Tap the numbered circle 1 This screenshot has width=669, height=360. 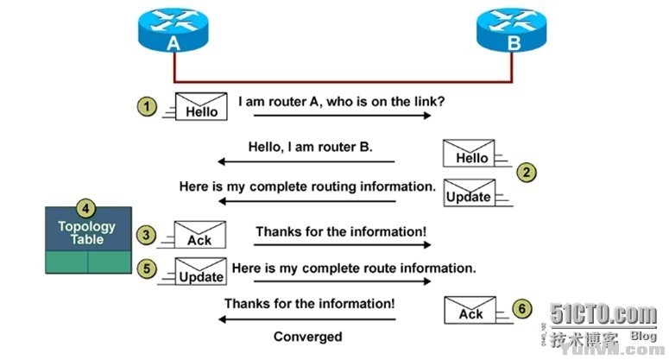[148, 107]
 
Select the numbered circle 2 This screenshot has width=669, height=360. [527, 171]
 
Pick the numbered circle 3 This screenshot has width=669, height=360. [148, 233]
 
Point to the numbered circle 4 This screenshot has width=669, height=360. [86, 208]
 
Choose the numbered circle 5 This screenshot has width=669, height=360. [148, 268]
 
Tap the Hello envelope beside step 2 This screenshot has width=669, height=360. [469, 153]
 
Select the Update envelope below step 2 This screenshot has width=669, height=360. [469, 192]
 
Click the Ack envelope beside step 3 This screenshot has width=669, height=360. [200, 235]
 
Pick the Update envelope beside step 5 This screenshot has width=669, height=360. [200, 271]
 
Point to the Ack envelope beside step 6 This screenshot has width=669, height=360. [470, 309]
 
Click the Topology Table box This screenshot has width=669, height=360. [88, 240]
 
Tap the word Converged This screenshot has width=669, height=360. [307, 337]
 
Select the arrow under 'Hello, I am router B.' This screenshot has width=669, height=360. [306, 161]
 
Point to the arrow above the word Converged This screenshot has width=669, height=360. [306, 319]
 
